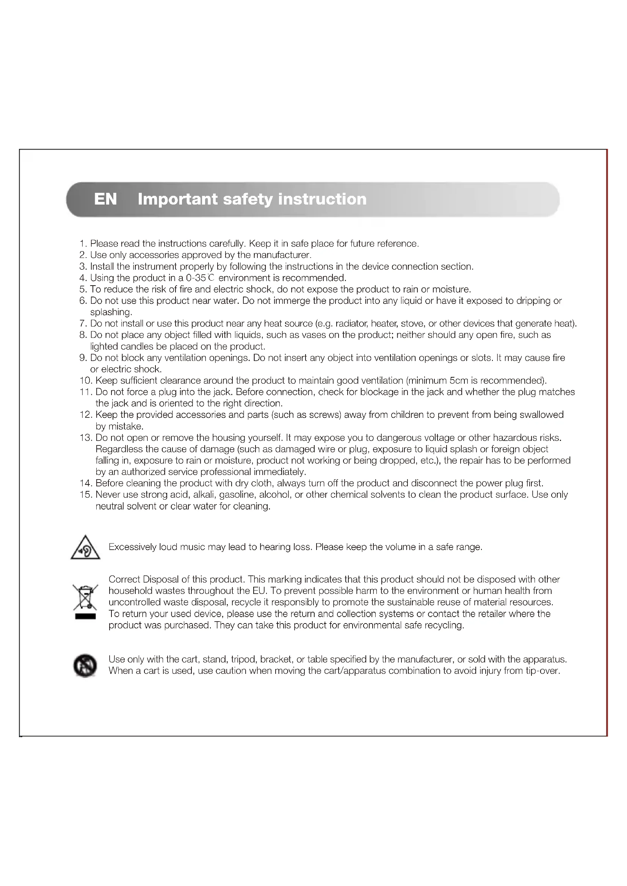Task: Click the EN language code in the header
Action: [x=105, y=199]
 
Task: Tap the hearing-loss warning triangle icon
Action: [x=85, y=548]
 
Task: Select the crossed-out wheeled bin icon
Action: [x=85, y=597]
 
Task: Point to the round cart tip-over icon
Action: [x=85, y=666]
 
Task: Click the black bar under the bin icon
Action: [x=85, y=616]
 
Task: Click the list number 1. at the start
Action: [x=83, y=244]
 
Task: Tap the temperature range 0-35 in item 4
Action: [x=195, y=278]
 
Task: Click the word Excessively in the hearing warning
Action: [x=132, y=547]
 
